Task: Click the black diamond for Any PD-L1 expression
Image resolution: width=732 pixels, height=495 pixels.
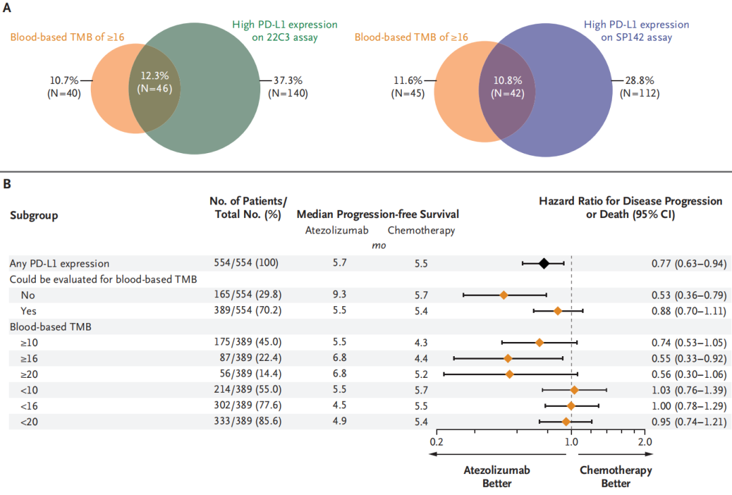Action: (x=544, y=263)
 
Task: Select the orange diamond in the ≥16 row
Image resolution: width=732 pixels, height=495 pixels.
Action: (x=508, y=358)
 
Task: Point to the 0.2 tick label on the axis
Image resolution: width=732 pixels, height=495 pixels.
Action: (x=436, y=442)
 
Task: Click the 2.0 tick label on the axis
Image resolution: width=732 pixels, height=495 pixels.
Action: (x=645, y=442)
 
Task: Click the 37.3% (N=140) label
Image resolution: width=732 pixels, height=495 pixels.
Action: (x=288, y=87)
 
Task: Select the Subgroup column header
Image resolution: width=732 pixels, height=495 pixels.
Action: (x=33, y=215)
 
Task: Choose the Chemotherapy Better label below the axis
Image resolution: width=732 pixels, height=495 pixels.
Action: (x=615, y=477)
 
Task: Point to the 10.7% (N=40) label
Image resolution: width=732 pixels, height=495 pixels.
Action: (x=65, y=87)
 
